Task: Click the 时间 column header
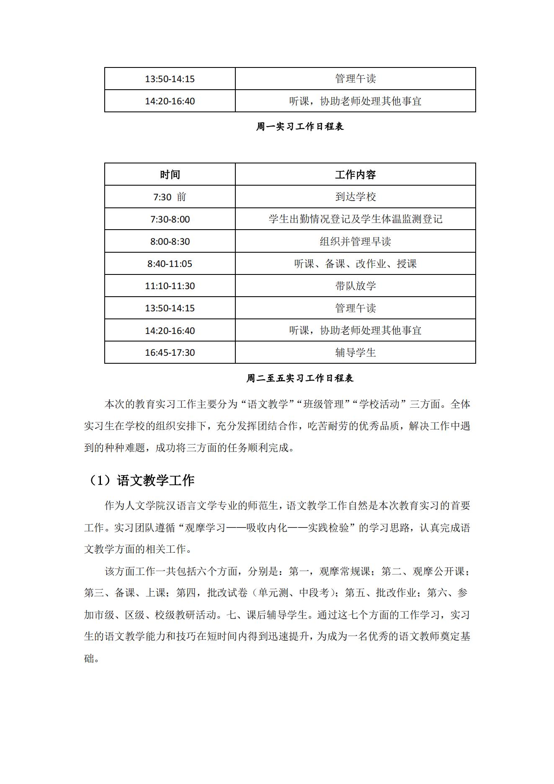point(170,174)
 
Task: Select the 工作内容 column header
point(355,174)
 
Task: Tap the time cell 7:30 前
point(170,197)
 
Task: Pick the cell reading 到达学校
point(355,197)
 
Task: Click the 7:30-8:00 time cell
point(170,219)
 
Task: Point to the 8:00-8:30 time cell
point(170,241)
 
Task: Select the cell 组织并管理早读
point(355,241)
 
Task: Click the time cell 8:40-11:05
point(170,264)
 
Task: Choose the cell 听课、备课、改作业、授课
point(355,264)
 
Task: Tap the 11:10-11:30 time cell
point(170,286)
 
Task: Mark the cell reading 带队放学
point(355,286)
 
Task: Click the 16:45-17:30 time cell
point(170,352)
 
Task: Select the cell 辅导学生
point(355,352)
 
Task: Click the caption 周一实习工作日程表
point(300,127)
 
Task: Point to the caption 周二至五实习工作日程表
point(300,378)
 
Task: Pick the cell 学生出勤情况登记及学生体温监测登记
point(355,219)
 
